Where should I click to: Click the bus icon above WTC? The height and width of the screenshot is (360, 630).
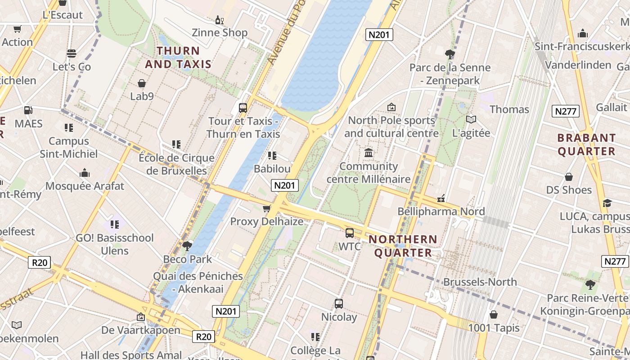(349, 233)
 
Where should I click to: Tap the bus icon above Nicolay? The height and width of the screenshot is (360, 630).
(339, 303)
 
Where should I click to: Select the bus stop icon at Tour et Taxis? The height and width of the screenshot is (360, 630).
(243, 108)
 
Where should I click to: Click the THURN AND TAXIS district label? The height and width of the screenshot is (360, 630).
(178, 57)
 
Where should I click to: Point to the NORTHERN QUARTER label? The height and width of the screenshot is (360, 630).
(403, 246)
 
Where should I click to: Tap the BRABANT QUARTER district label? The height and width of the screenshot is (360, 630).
(586, 144)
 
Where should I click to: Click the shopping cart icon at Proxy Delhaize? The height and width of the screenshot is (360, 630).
(266, 208)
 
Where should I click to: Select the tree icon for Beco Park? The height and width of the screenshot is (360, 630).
(187, 246)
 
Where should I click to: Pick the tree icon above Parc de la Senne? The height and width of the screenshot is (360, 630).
(450, 54)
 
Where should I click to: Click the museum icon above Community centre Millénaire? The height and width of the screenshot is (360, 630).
(369, 153)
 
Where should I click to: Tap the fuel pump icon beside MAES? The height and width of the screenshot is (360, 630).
(28, 110)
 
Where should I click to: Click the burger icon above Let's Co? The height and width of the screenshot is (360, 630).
(72, 54)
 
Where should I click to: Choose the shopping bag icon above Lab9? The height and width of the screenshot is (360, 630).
(142, 83)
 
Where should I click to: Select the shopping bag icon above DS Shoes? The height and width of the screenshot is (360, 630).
(569, 176)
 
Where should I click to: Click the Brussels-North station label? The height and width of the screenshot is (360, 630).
(480, 282)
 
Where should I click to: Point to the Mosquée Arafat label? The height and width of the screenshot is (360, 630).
(85, 186)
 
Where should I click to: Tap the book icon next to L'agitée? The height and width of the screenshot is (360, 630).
(471, 119)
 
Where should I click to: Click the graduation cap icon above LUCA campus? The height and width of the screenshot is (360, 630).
(607, 203)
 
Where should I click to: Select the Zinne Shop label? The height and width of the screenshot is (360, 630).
(220, 32)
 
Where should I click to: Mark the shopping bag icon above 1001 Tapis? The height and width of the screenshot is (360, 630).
(494, 315)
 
